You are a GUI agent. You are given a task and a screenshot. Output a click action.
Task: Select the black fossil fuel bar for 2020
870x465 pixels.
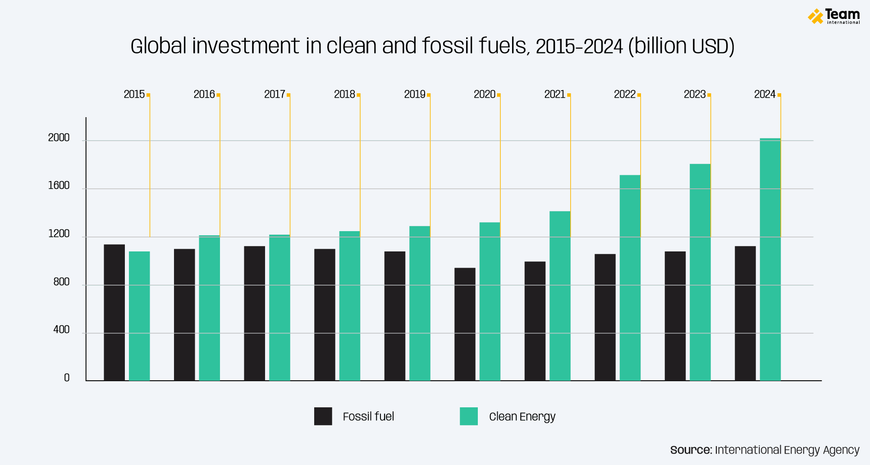tap(465, 324)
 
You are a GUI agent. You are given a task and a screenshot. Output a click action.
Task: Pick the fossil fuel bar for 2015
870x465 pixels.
tap(114, 313)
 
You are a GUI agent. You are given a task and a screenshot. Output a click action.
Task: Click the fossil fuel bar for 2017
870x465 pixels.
tap(255, 314)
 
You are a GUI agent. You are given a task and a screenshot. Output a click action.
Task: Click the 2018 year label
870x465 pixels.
tap(344, 94)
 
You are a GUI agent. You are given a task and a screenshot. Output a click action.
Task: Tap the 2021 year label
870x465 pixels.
tap(554, 94)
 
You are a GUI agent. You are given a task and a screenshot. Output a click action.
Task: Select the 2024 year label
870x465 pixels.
tap(765, 94)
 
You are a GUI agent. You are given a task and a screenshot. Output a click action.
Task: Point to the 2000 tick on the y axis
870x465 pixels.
tap(59, 138)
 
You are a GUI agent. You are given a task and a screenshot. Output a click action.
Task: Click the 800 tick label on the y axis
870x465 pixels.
tap(61, 282)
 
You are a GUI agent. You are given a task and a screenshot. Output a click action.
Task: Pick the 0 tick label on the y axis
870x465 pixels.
tap(67, 378)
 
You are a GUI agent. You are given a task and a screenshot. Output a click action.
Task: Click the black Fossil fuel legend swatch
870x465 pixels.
tap(323, 416)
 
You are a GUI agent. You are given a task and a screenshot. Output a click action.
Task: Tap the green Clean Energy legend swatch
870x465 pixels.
tap(468, 416)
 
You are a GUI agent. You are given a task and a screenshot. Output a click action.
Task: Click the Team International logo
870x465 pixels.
tap(833, 16)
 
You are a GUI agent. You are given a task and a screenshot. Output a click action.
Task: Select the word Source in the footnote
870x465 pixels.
tap(691, 450)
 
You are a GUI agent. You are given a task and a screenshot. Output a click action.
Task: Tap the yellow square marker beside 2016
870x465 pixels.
tap(219, 95)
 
